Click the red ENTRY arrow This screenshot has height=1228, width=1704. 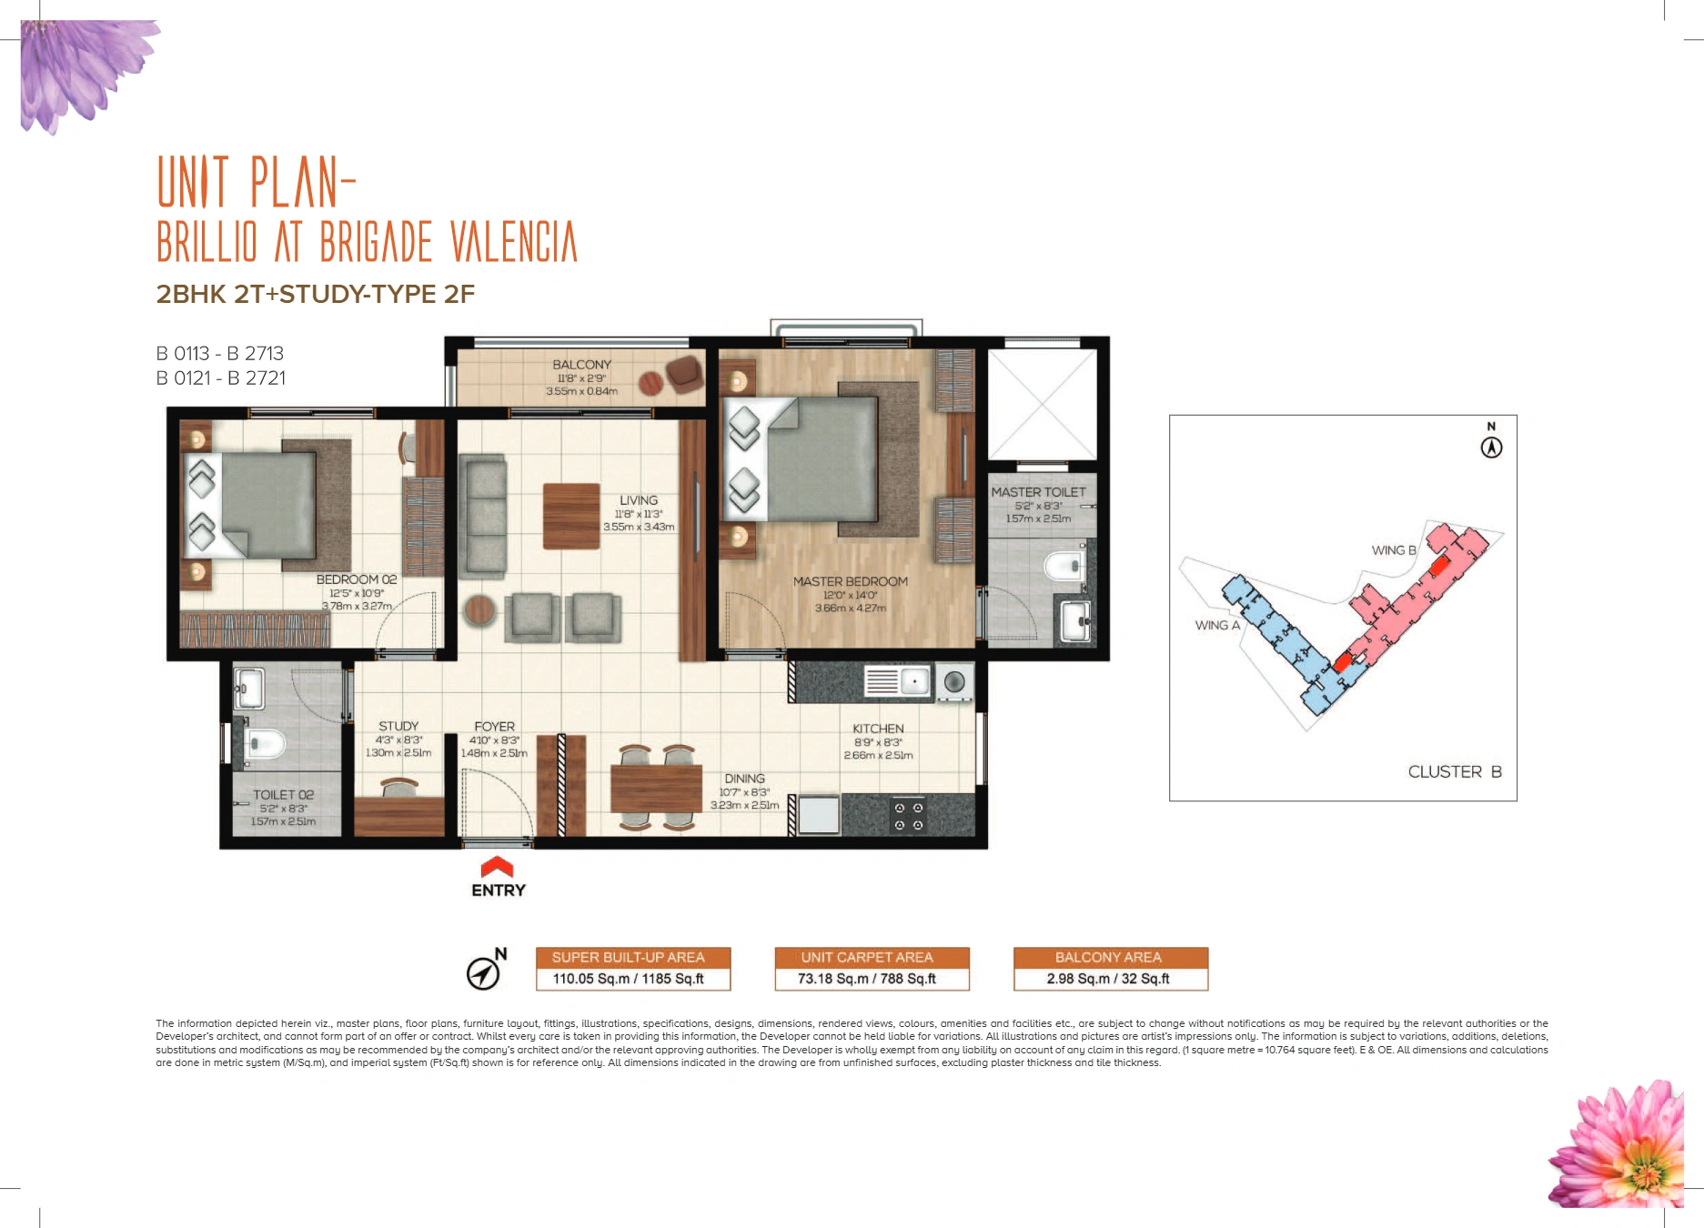coord(497,867)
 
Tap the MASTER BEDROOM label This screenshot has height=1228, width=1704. coord(850,582)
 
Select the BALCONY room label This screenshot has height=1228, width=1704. coord(581,365)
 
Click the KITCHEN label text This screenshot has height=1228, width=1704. coord(878,729)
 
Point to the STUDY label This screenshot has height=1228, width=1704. coord(398,726)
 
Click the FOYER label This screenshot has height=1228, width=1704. coord(494,727)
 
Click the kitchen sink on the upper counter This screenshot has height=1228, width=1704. coord(897,681)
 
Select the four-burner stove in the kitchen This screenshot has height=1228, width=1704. coord(908,816)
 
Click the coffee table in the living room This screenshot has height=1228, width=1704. coord(571,516)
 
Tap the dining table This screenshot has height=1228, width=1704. coord(655,788)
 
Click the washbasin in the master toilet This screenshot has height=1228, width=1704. coord(1076,621)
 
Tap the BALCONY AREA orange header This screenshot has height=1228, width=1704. coord(1109,957)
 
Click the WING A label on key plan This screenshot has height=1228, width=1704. coord(1217,625)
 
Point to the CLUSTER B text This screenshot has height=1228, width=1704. coord(1454,771)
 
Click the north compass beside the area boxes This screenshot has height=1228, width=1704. coord(485,971)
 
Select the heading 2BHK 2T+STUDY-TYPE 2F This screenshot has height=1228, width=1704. coord(316,294)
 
